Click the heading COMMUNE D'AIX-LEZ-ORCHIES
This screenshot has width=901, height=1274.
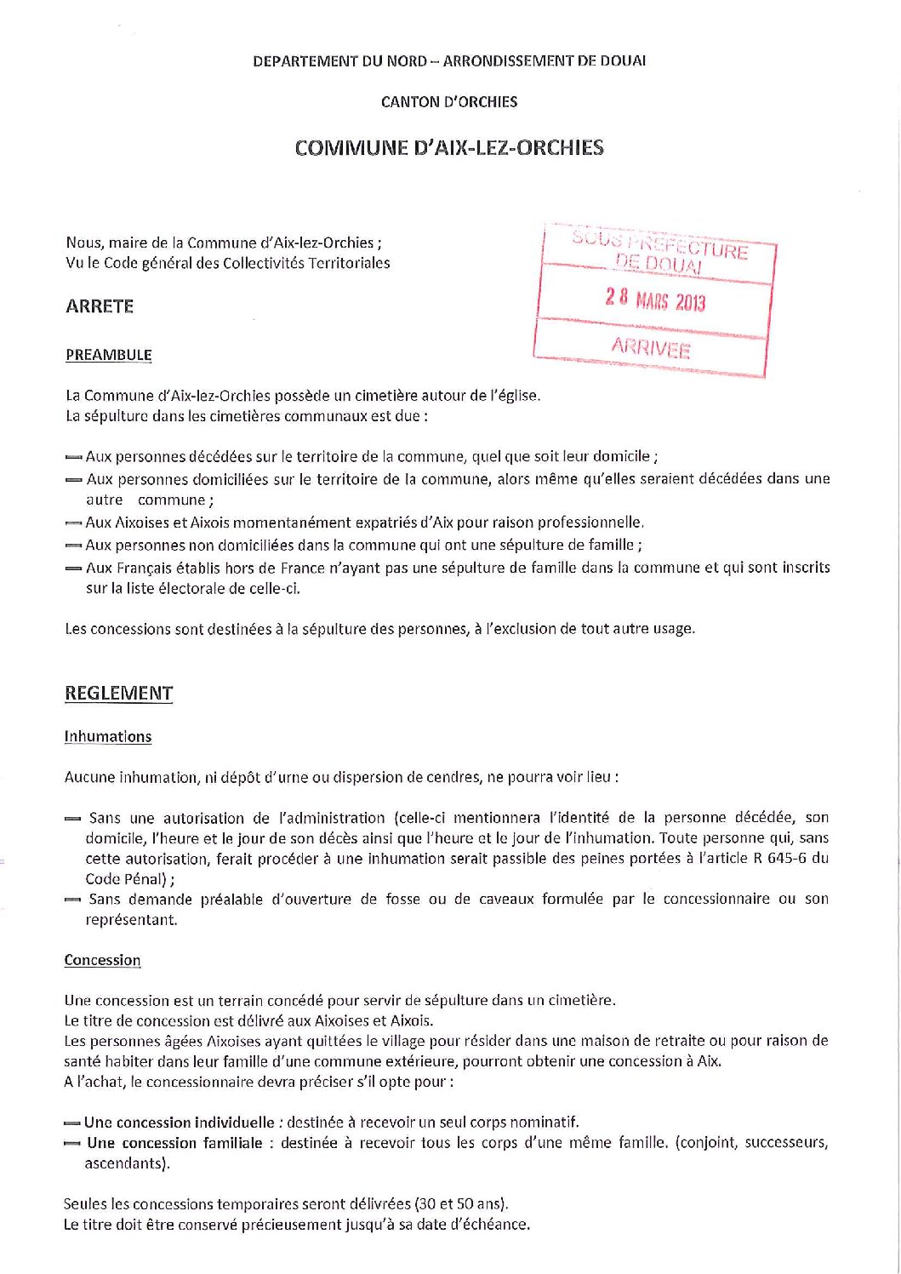pyautogui.click(x=449, y=148)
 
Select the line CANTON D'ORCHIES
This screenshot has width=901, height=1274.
pyautogui.click(x=449, y=102)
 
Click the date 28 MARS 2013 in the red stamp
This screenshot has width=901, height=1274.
pyautogui.click(x=655, y=300)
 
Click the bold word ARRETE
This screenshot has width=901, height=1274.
pyautogui.click(x=100, y=306)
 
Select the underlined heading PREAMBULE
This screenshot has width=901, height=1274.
pyautogui.click(x=109, y=355)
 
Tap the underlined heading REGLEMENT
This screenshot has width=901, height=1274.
pyautogui.click(x=119, y=694)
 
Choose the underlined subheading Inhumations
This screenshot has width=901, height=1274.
pyautogui.click(x=108, y=737)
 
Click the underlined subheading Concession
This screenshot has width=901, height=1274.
pyautogui.click(x=102, y=960)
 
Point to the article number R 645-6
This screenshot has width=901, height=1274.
pyautogui.click(x=782, y=858)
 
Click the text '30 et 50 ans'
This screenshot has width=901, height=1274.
pyautogui.click(x=460, y=1204)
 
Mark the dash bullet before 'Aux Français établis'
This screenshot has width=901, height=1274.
pyautogui.click(x=73, y=568)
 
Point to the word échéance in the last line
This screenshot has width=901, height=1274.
pyautogui.click(x=498, y=1225)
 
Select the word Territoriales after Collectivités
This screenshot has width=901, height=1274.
pyautogui.click(x=339, y=263)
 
